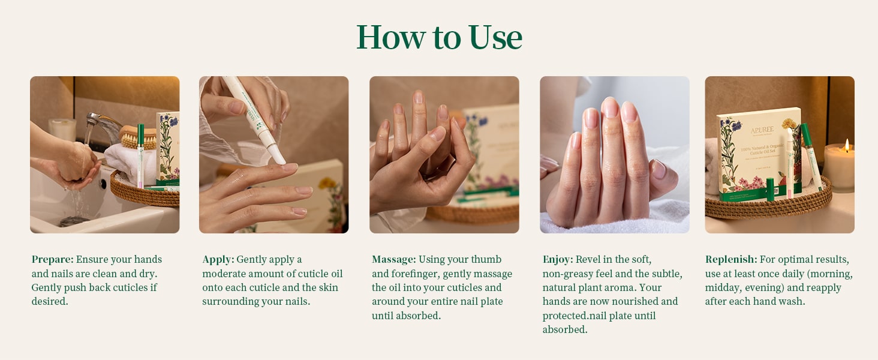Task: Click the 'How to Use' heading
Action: point(439,37)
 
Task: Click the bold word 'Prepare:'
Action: point(53,259)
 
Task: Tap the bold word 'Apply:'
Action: point(218,260)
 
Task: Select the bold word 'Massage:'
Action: point(394,260)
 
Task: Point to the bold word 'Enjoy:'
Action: point(558,260)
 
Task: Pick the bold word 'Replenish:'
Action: point(731,260)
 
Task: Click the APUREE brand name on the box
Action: point(762,130)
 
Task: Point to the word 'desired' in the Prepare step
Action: point(49,302)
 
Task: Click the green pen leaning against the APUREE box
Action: point(812,157)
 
